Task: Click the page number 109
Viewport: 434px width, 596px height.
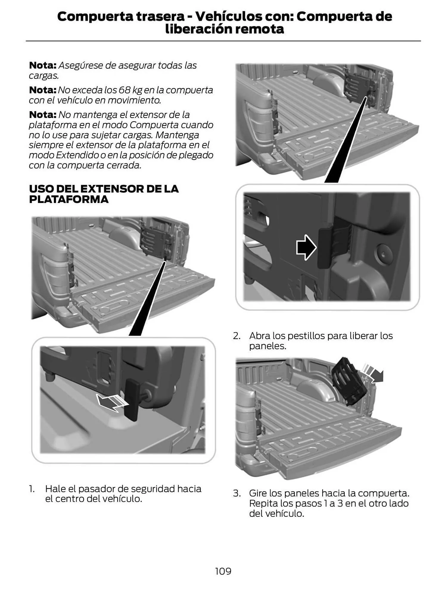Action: coord(223,571)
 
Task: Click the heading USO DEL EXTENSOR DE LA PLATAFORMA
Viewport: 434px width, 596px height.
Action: coord(103,194)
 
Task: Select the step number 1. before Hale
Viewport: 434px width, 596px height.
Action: coord(32,489)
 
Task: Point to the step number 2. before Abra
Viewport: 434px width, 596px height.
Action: coord(237,336)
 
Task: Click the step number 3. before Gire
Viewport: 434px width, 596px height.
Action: coord(237,493)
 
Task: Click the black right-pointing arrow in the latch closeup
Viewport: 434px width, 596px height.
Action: coord(306,247)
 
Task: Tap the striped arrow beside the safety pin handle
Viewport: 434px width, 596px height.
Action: coord(112,403)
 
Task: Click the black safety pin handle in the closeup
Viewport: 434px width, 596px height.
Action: coord(132,399)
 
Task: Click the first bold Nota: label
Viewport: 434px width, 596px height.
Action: coord(43,65)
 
